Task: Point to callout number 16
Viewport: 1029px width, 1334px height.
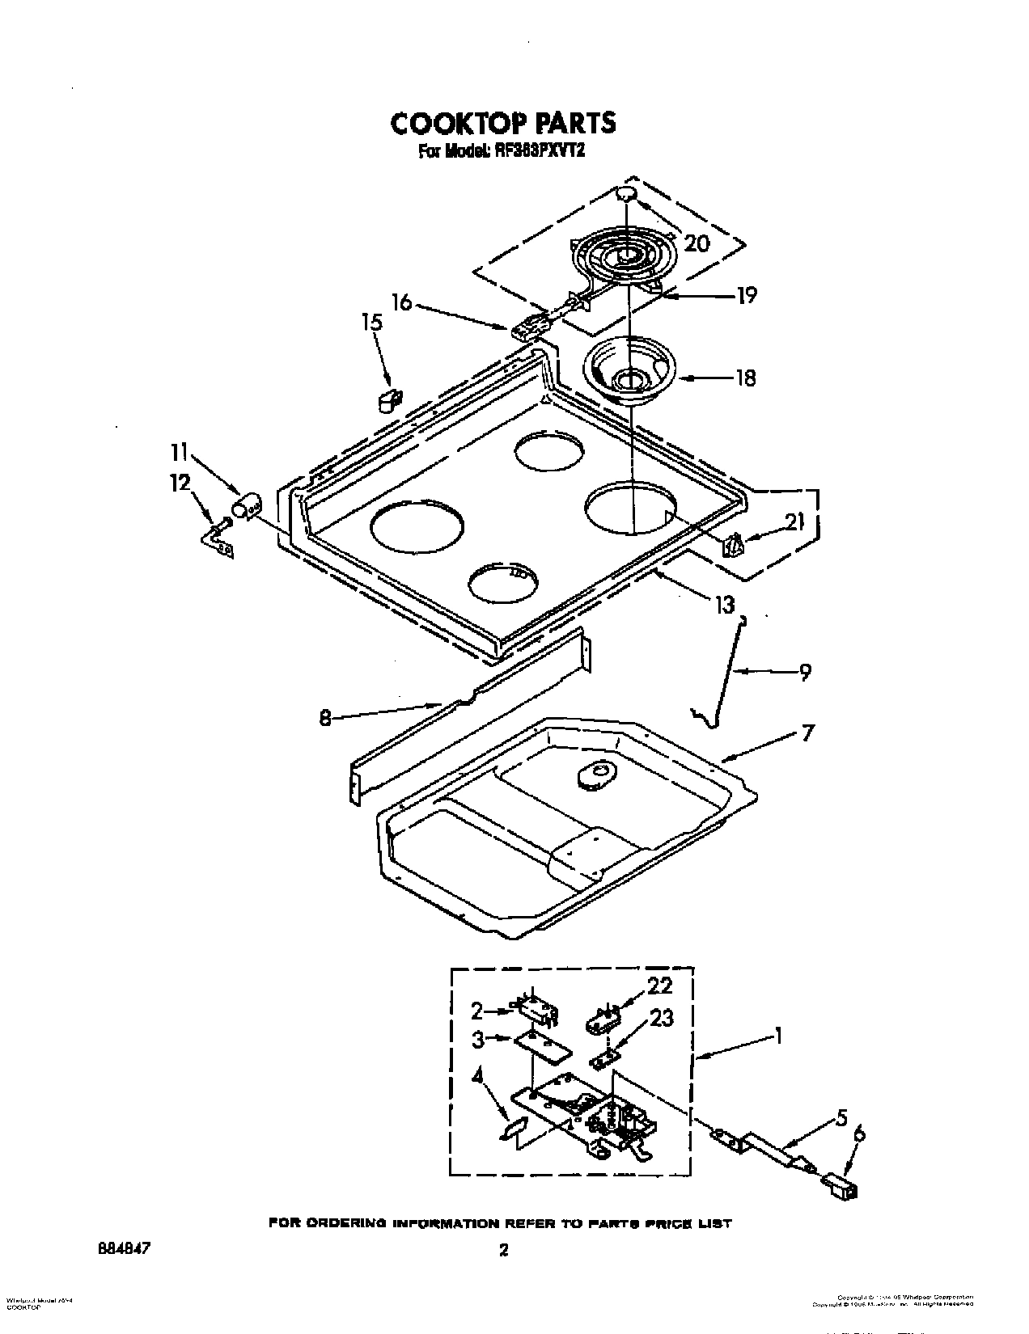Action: pos(402,302)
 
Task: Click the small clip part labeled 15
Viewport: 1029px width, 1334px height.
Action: pos(390,399)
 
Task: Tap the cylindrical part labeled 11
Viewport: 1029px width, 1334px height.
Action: pos(246,508)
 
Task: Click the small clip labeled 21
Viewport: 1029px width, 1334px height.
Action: pos(731,547)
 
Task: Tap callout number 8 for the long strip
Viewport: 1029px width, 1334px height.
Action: pos(324,717)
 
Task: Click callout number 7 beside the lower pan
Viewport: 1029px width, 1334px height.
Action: pos(807,732)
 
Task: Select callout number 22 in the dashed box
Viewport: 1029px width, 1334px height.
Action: pos(659,986)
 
